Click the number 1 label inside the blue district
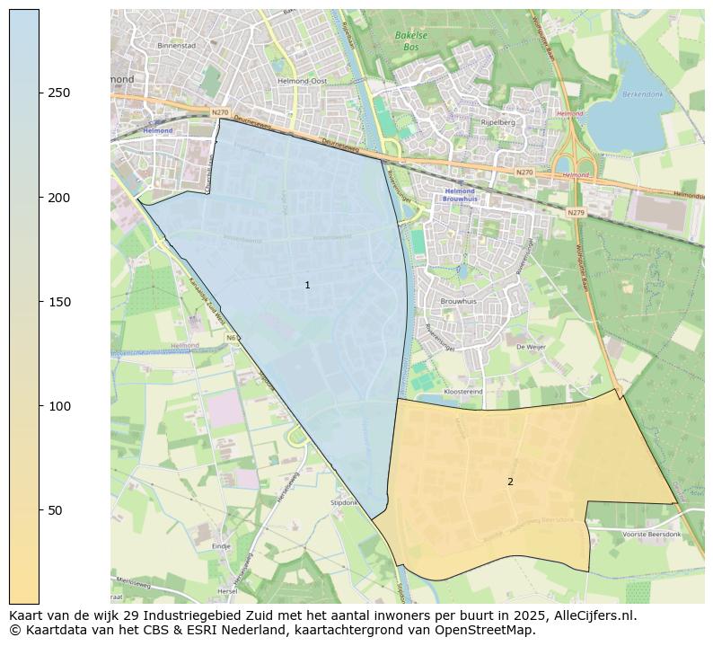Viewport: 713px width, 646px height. coord(307,285)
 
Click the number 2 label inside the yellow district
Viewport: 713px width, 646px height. coord(510,482)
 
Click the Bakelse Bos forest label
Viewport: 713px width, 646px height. coord(410,40)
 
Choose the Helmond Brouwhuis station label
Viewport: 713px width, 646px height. coord(461,195)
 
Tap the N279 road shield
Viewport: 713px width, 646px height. coord(576,213)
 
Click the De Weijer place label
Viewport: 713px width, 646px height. coord(531,346)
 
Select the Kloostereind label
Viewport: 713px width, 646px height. coord(463,392)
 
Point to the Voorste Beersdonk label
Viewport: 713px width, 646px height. coord(651,534)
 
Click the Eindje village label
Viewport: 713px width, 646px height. coord(221,545)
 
